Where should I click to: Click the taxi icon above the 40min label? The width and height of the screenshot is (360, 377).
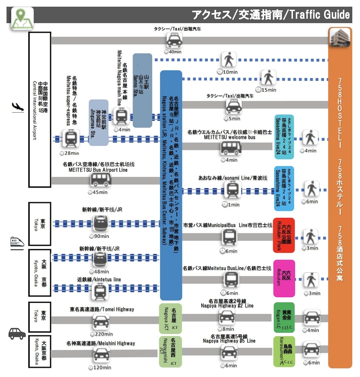pyautogui.click(x=174, y=40)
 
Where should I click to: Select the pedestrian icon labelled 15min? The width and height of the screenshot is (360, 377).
pyautogui.click(x=268, y=78)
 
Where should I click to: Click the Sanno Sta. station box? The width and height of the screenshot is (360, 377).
pyautogui.click(x=142, y=90)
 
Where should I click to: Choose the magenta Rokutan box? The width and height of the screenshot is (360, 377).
pyautogui.click(x=284, y=278)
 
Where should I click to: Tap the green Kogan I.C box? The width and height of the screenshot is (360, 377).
pyautogui.click(x=284, y=317)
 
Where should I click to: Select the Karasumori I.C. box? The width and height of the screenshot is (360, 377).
pyautogui.click(x=284, y=352)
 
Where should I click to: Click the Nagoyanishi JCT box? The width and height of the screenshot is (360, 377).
pyautogui.click(x=170, y=352)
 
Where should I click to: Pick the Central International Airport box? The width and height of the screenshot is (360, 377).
pyautogui.click(x=40, y=109)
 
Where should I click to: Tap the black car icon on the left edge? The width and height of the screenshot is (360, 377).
pyautogui.click(x=17, y=333)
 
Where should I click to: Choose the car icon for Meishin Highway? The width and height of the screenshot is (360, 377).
pyautogui.click(x=101, y=355)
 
